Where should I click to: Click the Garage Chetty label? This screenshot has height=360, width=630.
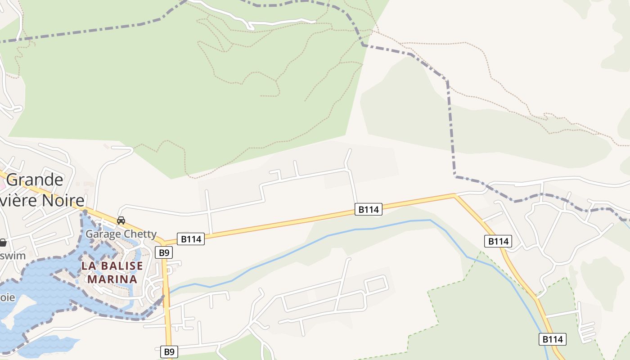tap(121, 234)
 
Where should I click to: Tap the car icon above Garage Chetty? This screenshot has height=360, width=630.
tap(121, 220)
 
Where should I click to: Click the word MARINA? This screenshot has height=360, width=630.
tap(112, 279)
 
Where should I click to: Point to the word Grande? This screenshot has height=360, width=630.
tap(35, 180)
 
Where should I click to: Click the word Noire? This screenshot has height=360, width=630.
tap(63, 200)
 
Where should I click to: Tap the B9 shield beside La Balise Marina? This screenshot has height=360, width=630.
tap(163, 252)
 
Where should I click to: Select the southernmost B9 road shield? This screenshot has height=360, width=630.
tap(168, 351)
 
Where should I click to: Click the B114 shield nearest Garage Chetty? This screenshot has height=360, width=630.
tap(191, 239)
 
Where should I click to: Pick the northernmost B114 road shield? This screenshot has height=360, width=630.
tap(369, 209)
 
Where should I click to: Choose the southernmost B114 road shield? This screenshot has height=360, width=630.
tap(552, 339)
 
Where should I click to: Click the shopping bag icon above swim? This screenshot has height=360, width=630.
tap(3, 243)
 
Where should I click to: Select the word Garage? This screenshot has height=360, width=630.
tap(103, 234)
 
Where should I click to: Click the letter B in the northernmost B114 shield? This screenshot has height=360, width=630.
tap(361, 209)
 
